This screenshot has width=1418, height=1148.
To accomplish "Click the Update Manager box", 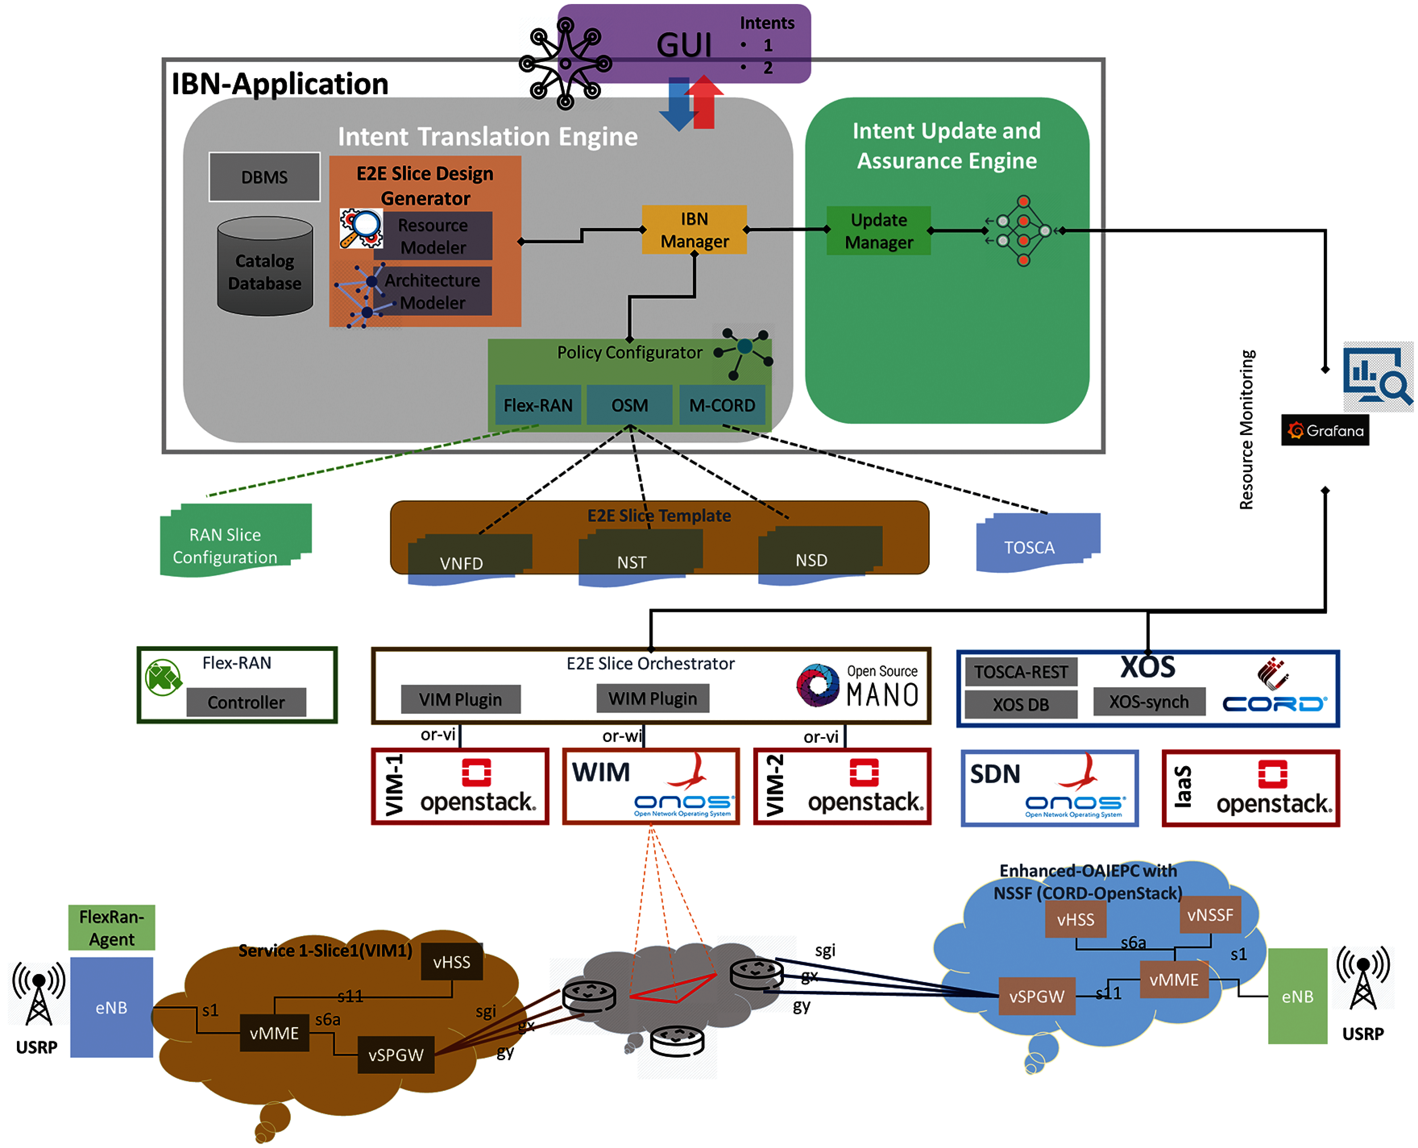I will click(x=878, y=231).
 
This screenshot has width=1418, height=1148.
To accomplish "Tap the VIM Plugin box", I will click(x=460, y=699).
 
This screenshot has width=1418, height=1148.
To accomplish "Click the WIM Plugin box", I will click(x=652, y=698).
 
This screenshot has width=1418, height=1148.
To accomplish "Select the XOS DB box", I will click(x=1020, y=704).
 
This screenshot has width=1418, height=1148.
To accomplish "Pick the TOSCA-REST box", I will click(x=1020, y=672).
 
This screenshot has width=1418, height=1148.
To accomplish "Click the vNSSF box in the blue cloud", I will click(x=1210, y=915).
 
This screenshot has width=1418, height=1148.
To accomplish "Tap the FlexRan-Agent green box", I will click(x=112, y=928).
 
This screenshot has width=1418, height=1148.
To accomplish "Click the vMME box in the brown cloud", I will click(x=274, y=1033).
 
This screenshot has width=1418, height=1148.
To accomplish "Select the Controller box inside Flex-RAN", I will click(x=246, y=702).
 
